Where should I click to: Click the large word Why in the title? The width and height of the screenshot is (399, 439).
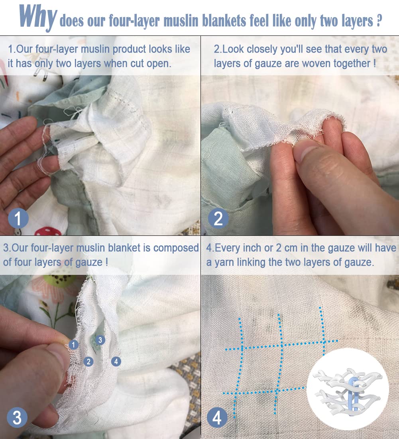point(38,17)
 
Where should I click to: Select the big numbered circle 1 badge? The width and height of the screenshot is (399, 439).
point(18,218)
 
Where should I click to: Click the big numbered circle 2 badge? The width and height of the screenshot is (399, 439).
point(218,218)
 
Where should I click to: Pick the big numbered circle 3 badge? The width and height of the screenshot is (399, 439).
point(17,417)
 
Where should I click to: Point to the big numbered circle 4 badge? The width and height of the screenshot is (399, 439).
point(217,417)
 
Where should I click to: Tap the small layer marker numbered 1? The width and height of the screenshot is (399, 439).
point(73,344)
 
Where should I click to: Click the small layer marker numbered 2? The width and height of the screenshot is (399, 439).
point(88,361)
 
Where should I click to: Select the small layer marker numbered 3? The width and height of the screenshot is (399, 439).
point(100,340)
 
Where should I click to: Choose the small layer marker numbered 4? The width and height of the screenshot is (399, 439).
point(116,361)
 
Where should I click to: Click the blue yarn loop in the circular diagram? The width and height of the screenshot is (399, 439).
point(354,392)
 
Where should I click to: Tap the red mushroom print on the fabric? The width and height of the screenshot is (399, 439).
point(48,231)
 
